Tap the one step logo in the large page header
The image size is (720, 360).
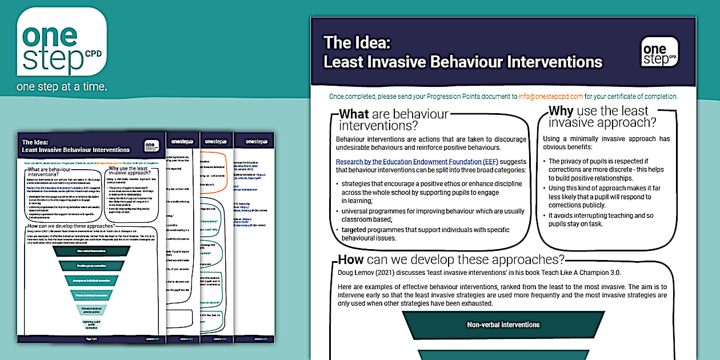tap(659, 52)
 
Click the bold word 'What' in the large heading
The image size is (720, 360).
tap(354, 114)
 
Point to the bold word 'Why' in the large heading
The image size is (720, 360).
tap(561, 111)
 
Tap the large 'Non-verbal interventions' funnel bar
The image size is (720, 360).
tap(503, 325)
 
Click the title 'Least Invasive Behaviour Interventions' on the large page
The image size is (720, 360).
tap(463, 62)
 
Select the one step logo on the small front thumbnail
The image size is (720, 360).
tap(151, 146)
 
